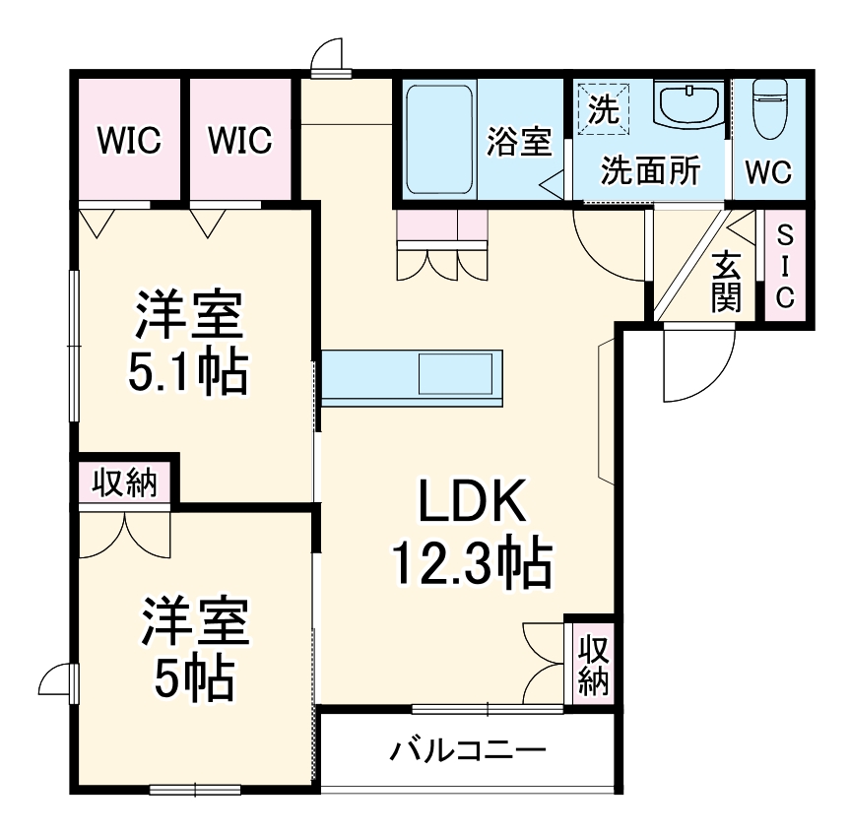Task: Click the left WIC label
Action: pos(128,141)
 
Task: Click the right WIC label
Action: pos(239,141)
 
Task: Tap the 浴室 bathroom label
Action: pos(519,142)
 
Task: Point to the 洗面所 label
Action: pos(651,171)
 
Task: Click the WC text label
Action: pos(768,171)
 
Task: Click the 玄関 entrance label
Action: pos(726,281)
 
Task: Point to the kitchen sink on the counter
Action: pos(456,375)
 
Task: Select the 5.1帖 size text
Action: pos(187,369)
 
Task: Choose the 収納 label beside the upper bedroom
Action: pos(125,482)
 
